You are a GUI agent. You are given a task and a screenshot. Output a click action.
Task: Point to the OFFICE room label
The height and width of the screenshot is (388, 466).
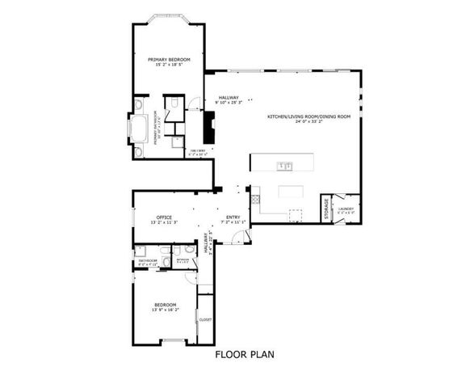tap(165, 217)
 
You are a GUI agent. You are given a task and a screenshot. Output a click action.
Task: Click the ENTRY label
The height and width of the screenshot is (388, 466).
tap(233, 217)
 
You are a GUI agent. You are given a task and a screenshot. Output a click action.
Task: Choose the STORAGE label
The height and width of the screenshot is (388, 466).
tap(327, 209)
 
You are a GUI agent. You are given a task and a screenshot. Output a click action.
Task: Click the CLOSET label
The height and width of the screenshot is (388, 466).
tap(205, 319)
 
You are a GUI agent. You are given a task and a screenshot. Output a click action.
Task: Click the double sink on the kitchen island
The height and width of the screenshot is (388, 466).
tap(284, 167)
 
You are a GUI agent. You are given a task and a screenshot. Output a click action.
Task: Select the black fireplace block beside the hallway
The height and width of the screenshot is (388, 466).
tap(210, 127)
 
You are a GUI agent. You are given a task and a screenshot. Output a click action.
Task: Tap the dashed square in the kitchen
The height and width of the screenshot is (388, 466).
tap(296, 214)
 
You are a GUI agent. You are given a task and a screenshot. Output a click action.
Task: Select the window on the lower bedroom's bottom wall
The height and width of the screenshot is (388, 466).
tap(173, 341)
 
